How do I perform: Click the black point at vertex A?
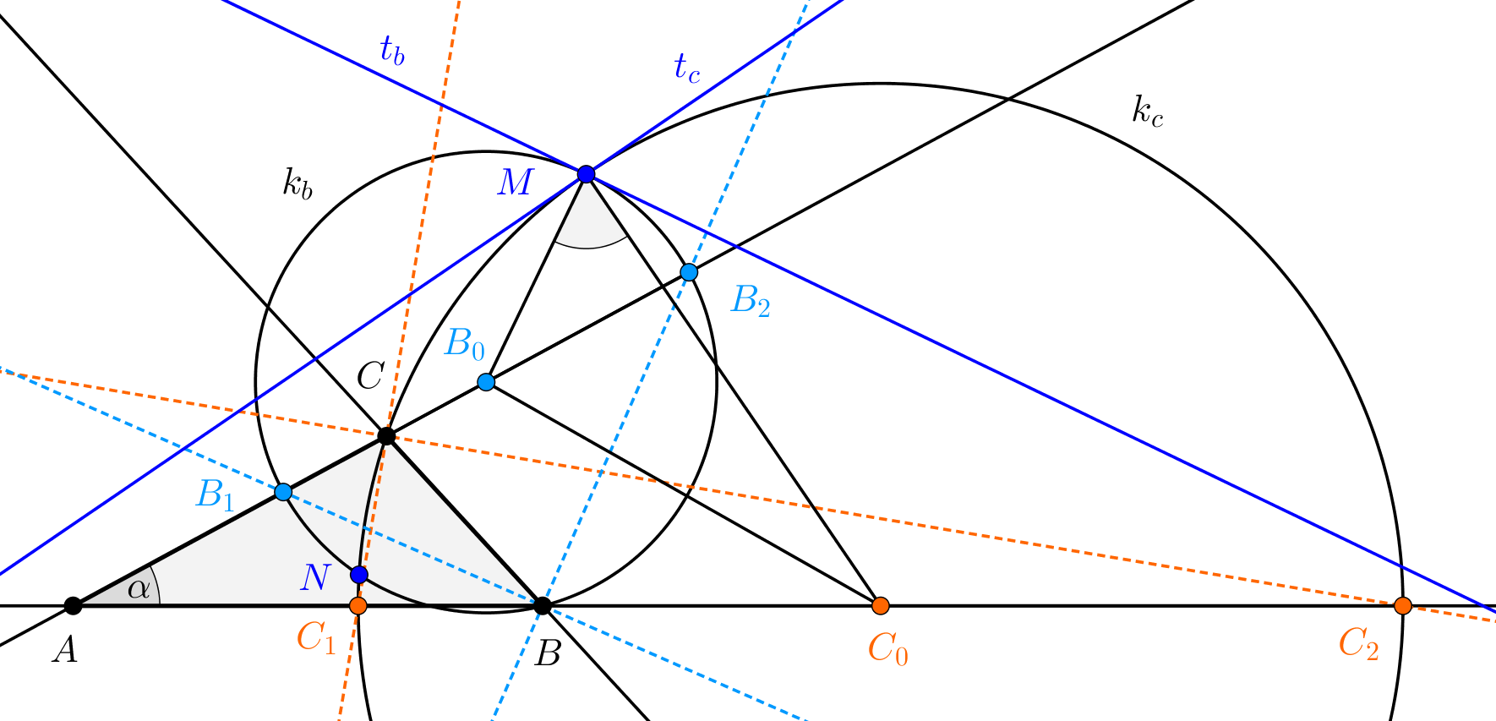74,605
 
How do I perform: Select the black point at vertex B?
543,605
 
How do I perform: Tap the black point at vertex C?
386,436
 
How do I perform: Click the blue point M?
586,174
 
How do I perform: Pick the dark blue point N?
359,575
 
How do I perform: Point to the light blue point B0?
486,382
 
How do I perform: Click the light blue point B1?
284,492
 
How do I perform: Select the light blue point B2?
689,272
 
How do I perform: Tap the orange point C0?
881,605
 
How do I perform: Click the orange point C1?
358,605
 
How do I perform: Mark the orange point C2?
1403,605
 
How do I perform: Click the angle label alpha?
139,588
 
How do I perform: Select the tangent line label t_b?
392,52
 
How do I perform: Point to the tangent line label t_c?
686,68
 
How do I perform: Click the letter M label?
516,182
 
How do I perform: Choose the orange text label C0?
887,649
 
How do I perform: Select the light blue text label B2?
751,301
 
